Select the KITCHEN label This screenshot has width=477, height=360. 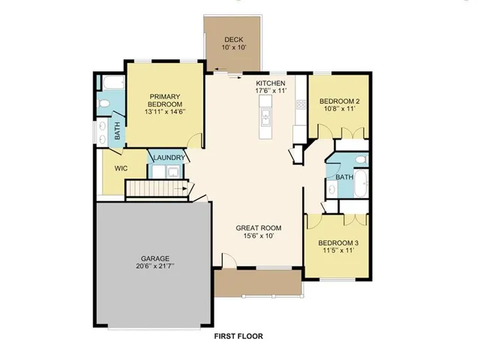tap(271, 82)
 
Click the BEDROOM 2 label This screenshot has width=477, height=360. tap(340, 101)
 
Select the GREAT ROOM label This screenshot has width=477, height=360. tap(259, 227)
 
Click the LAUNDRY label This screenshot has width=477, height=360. tap(168, 158)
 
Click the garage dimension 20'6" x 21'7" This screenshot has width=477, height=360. tap(156, 266)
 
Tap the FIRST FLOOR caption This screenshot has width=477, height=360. tap(238, 337)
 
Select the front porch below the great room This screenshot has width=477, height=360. tap(258, 283)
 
